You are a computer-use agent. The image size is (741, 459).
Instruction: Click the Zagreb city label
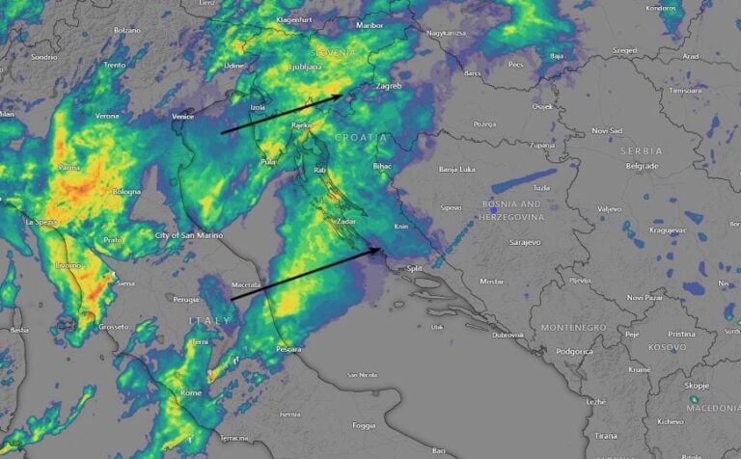click(387, 86)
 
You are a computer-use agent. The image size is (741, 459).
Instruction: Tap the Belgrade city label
click(640, 166)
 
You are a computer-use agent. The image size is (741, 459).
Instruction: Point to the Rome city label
click(191, 392)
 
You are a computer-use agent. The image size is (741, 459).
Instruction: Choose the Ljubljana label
click(307, 67)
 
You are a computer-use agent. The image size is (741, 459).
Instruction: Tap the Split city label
click(415, 269)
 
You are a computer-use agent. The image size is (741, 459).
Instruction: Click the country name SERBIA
click(642, 151)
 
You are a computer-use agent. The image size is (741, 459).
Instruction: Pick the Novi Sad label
click(607, 130)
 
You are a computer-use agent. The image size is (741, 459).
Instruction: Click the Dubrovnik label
click(507, 335)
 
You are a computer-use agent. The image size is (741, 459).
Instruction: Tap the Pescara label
click(289, 348)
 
